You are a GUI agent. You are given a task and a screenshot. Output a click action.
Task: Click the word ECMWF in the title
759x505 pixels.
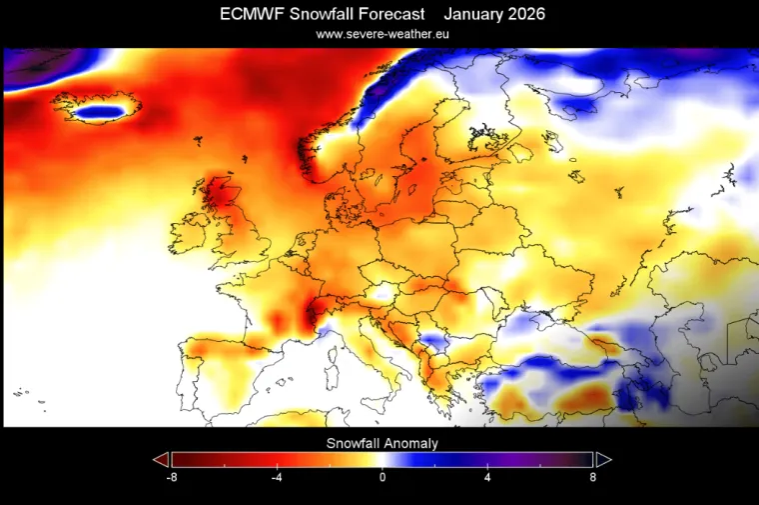tap(251, 14)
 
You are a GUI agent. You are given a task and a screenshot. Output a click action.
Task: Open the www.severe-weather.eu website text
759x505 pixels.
tap(381, 34)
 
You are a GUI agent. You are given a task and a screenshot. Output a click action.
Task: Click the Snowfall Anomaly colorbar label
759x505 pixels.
tap(381, 442)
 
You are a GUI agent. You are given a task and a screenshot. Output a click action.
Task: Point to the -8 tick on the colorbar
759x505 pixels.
tap(171, 478)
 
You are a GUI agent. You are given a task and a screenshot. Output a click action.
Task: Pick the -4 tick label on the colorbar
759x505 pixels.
tap(277, 478)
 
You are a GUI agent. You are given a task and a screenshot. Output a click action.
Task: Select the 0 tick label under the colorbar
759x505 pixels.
tap(382, 478)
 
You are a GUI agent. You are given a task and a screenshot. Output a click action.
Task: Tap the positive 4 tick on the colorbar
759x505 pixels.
tap(487, 478)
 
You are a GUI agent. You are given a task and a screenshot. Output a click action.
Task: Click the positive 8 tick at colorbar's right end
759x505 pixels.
tap(592, 478)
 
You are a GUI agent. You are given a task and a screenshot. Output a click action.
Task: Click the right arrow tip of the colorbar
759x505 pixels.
tap(604, 459)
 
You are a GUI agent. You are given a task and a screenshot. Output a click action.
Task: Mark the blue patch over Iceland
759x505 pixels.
tap(103, 111)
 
